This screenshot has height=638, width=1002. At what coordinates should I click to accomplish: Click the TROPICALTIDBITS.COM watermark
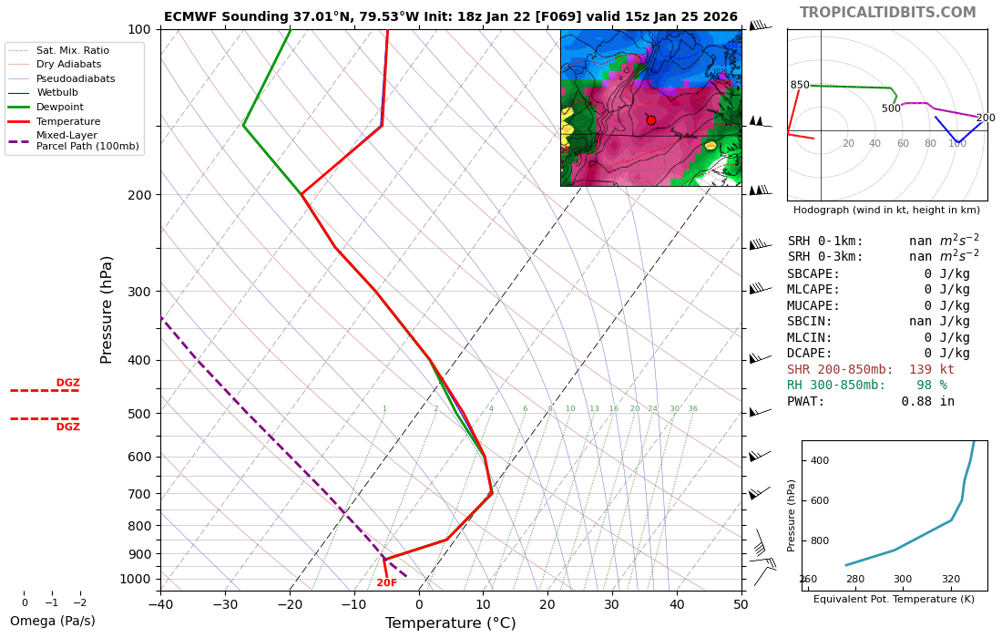887,13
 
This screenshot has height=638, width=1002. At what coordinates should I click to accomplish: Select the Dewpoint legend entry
60,107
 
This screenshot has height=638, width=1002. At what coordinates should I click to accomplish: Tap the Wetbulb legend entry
56,92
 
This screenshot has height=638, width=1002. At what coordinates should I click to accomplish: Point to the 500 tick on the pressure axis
138,414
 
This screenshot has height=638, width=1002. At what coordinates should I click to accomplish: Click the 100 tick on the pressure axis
138,30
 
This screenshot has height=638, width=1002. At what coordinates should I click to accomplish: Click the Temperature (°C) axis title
450,623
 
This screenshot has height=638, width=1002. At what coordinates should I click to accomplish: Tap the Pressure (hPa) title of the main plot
107,309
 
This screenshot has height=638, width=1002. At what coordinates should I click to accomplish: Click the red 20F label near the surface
386,583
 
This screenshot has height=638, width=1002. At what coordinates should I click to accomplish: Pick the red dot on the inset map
650,120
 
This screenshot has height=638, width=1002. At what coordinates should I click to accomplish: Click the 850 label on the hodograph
800,86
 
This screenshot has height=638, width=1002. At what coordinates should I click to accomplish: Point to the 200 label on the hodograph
985,118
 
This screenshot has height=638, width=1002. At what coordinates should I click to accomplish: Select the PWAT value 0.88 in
927,401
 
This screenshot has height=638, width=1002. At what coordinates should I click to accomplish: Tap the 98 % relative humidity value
931,386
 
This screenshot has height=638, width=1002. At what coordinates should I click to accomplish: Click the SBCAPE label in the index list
813,273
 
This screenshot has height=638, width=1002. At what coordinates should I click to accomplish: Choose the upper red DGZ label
68,383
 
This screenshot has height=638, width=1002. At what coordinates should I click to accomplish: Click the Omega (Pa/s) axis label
52,622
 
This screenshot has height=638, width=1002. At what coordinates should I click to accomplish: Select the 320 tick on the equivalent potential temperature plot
950,580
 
